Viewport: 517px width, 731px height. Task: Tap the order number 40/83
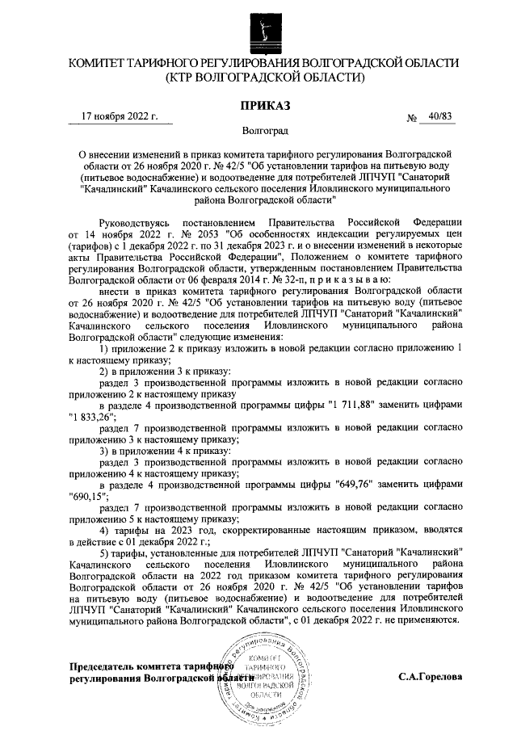(x=442, y=116)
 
